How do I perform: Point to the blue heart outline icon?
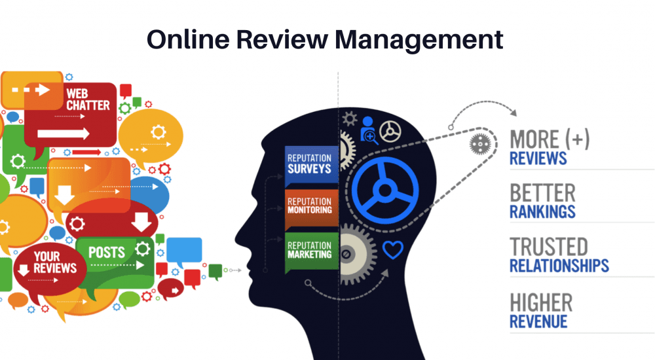392,249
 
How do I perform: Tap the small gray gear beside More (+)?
479,144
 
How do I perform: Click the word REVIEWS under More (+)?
538,158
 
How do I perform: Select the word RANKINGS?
542,211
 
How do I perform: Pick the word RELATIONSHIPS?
559,265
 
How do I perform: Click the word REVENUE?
538,321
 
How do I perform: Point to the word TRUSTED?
549,247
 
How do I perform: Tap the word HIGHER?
541,302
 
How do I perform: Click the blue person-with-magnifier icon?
368,129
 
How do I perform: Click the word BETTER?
542,193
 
